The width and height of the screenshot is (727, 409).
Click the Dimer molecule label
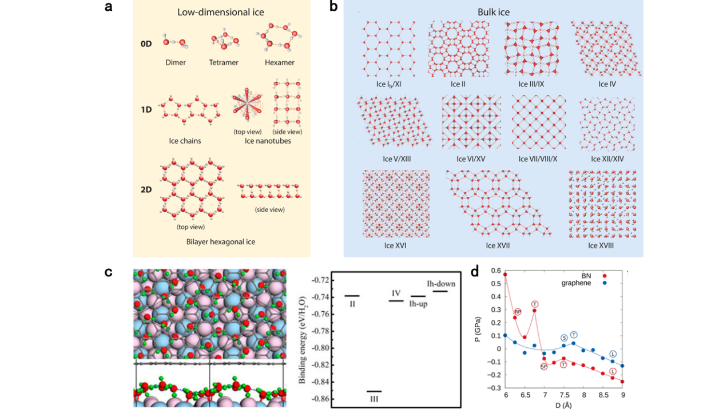click(175, 62)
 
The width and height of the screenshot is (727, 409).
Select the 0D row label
click(146, 43)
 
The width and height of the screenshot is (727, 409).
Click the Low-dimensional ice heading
click(221, 12)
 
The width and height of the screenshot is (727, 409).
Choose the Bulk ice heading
click(493, 12)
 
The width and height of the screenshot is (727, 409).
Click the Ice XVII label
click(498, 246)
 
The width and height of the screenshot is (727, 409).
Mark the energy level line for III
click(374, 391)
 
